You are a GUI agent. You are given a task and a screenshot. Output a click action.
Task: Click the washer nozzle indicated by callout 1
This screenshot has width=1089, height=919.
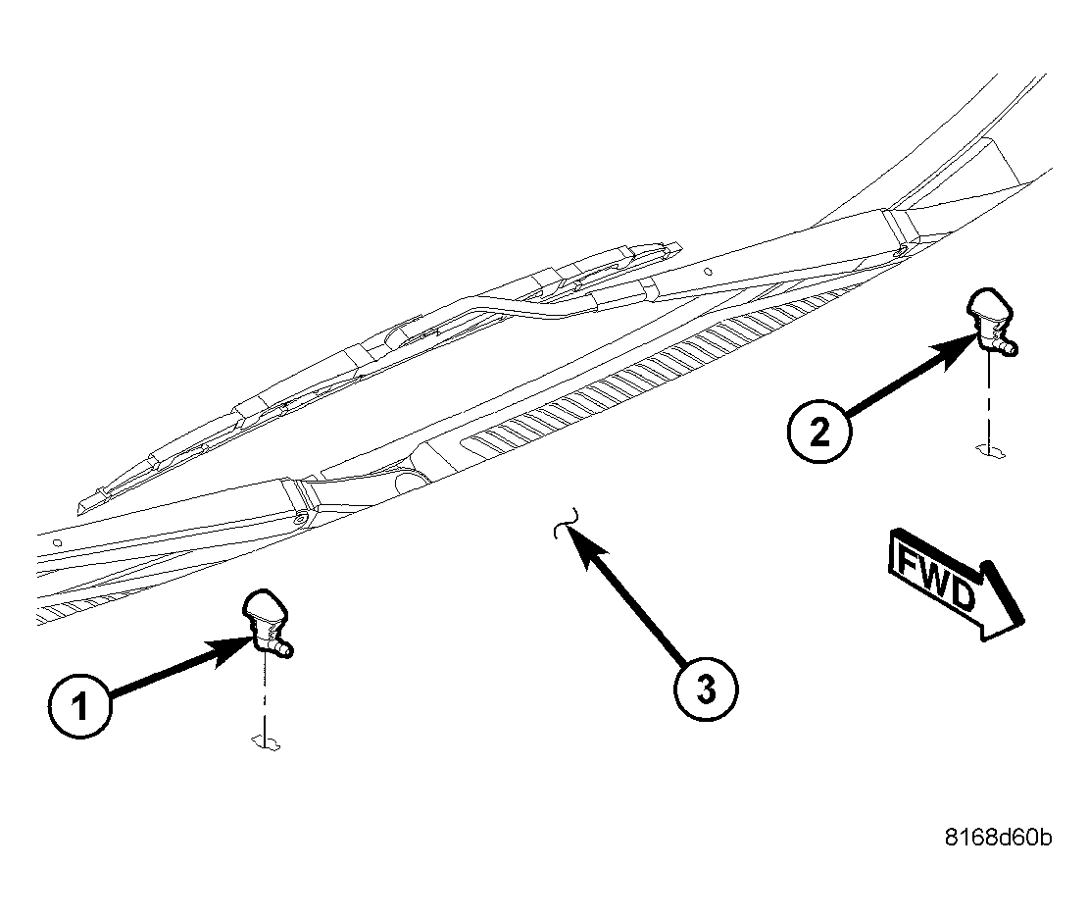pos(263,618)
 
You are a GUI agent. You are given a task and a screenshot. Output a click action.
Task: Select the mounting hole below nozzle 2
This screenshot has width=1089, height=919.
pos(991,449)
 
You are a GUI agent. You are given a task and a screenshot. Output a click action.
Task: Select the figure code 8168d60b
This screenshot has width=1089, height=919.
pos(998,839)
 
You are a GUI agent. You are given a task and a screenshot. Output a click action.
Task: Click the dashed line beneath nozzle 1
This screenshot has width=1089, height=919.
pos(266,696)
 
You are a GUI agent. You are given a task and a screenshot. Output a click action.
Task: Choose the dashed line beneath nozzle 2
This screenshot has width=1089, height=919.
pos(991,402)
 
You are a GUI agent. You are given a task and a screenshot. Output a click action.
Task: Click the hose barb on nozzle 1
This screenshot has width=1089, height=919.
pos(286,649)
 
